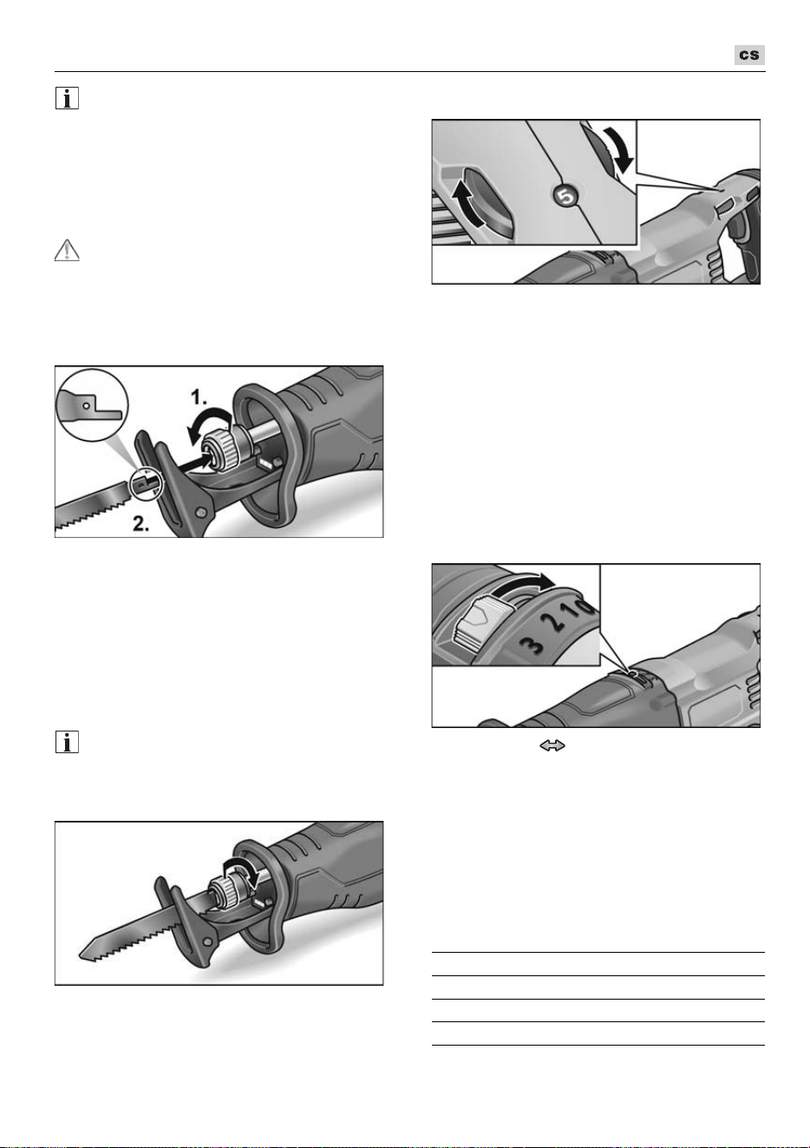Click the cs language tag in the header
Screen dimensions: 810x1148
[x=749, y=55]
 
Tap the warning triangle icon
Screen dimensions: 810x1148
[x=67, y=250]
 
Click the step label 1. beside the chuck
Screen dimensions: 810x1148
[x=199, y=397]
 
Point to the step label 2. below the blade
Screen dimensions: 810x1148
[x=140, y=523]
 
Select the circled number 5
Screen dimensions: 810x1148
[x=565, y=195]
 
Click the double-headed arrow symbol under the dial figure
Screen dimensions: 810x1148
[x=552, y=745]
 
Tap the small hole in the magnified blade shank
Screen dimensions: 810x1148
[x=87, y=405]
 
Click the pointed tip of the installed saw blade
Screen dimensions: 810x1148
[x=80, y=954]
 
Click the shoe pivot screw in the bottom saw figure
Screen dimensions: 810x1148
[x=207, y=942]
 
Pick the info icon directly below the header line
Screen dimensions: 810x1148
[x=67, y=98]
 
